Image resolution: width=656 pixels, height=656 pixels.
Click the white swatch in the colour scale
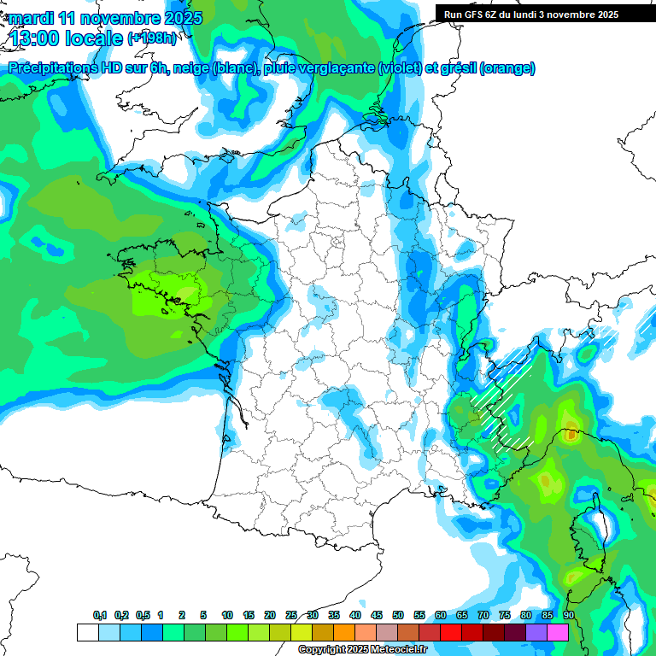click(87, 632)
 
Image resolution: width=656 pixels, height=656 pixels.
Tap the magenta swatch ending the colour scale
click(558, 632)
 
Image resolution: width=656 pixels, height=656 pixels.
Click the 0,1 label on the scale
click(100, 615)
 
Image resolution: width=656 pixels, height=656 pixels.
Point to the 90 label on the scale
click(568, 615)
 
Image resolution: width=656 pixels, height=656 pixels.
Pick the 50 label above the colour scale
click(398, 615)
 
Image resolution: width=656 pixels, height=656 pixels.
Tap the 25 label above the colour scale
click(291, 615)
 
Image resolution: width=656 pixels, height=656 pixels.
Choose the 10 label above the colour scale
click(227, 615)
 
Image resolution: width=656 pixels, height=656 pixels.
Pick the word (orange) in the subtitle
click(507, 68)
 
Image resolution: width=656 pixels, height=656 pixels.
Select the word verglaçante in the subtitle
click(338, 68)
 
